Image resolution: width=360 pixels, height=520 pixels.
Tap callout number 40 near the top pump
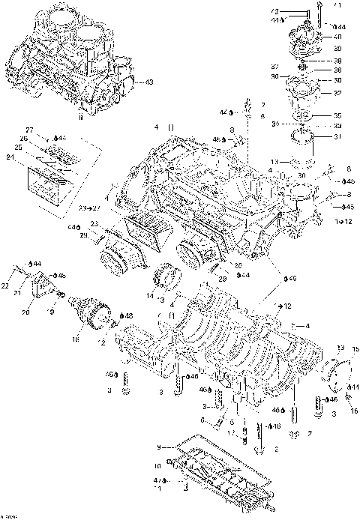[x=338, y=37]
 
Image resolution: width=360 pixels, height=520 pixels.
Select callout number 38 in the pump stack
[x=338, y=61]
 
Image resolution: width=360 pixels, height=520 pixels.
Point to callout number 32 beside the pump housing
[x=338, y=94]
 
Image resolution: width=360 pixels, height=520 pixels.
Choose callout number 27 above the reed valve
[x=30, y=130]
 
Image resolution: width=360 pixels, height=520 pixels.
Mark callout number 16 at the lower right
[x=354, y=411]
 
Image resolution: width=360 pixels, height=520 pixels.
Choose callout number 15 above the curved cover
[x=355, y=350]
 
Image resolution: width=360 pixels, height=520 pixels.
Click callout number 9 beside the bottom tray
[x=159, y=447]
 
